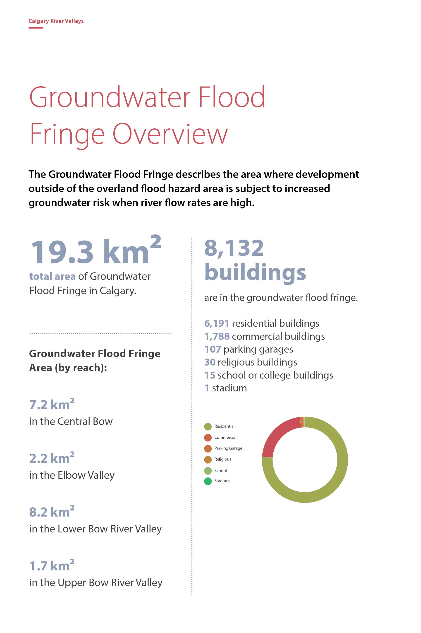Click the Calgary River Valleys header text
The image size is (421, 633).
tap(56, 21)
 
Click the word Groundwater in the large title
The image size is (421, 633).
tap(110, 97)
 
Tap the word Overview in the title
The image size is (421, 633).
tap(170, 134)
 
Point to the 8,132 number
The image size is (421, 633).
tap(234, 248)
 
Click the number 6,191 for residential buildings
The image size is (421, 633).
tap(216, 323)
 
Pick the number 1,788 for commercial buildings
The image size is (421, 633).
tap(217, 336)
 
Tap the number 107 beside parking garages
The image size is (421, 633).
tap(212, 349)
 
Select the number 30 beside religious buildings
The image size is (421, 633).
tap(210, 362)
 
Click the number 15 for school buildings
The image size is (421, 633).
tap(210, 375)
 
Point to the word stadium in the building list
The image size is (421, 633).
tap(229, 388)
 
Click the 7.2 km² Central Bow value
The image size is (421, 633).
tap(52, 405)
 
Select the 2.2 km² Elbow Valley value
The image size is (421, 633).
tap(52, 458)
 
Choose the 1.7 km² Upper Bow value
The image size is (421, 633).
tap(52, 566)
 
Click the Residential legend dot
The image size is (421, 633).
tap(208, 426)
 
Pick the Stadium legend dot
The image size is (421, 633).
tap(208, 481)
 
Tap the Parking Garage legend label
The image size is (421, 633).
tap(228, 448)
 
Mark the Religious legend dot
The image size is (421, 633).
tap(208, 459)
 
